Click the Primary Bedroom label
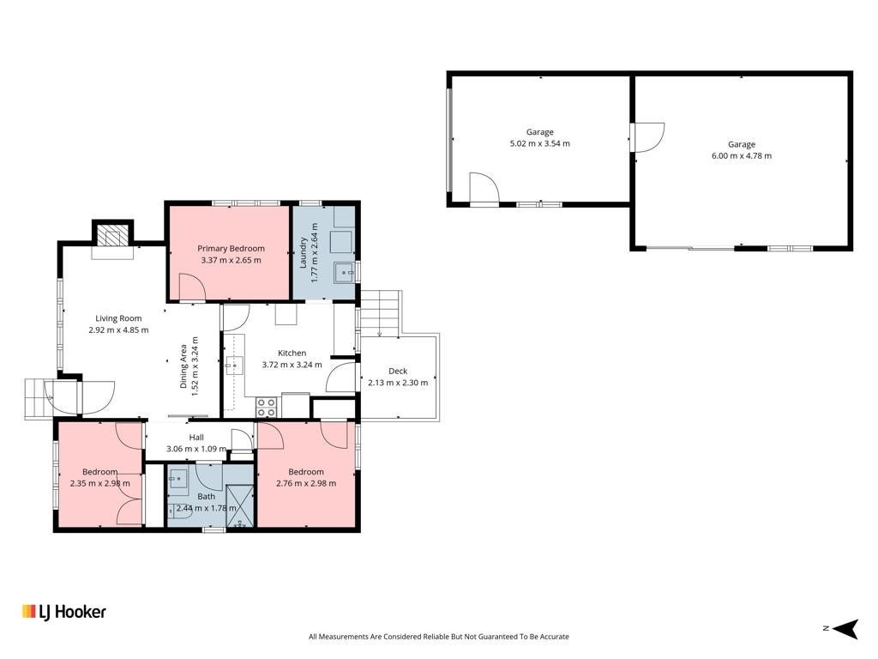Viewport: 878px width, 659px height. point(231,248)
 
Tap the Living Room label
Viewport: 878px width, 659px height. point(118,318)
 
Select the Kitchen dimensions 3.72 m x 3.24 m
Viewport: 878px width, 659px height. point(292,365)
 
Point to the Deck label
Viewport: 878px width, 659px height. point(398,371)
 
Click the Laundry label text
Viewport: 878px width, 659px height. point(303,252)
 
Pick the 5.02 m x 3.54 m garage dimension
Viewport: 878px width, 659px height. point(540,143)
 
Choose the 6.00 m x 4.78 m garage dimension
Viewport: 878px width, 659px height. point(742,156)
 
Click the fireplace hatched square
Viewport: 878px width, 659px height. point(113,235)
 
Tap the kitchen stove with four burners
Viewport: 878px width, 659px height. point(266,408)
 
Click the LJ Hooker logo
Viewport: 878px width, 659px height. point(63,612)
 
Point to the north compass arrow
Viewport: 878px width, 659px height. point(845,628)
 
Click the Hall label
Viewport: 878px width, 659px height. point(196,437)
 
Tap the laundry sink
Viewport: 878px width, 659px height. point(345,273)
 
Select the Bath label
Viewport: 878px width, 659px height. point(206,497)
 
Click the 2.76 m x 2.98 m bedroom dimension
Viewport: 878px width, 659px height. point(306,483)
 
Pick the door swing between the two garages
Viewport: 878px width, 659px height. point(648,137)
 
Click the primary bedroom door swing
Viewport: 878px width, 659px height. point(192,287)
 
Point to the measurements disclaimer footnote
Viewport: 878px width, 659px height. point(439,637)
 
